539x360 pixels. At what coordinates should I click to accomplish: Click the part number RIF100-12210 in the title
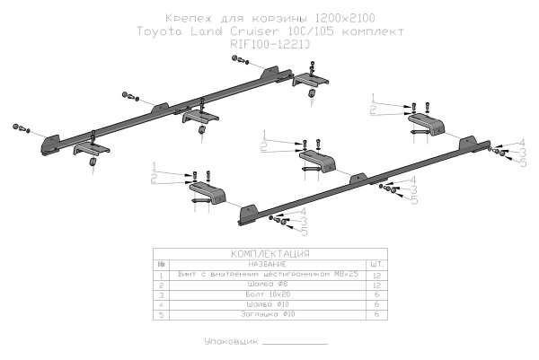pos(269,41)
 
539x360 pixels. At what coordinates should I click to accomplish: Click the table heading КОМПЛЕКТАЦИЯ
pos(269,254)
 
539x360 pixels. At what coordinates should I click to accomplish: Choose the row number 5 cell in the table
pos(161,314)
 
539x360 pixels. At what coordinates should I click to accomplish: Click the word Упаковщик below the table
pos(232,342)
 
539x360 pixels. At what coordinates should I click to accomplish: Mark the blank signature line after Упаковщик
pos(296,345)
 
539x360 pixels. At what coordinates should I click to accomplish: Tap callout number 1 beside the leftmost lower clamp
pos(155,167)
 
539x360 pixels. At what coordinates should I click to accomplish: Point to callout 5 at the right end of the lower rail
pos(522,162)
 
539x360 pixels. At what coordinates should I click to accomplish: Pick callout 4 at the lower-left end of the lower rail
pos(305,212)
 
